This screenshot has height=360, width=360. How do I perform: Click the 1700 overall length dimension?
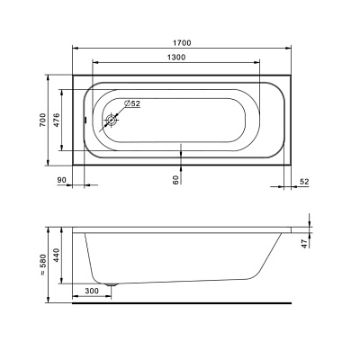[182, 43]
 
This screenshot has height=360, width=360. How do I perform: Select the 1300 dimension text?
[176, 57]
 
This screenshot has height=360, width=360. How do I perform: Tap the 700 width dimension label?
[43, 120]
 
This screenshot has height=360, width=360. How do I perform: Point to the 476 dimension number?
[57, 120]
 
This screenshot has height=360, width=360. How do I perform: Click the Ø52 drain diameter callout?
[132, 103]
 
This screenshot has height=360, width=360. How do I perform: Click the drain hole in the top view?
[112, 121]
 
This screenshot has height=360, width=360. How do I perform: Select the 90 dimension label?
[61, 180]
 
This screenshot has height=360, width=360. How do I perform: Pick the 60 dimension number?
[176, 179]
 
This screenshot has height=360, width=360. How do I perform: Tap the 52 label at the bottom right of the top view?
[304, 182]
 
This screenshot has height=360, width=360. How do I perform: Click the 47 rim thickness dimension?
[305, 243]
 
